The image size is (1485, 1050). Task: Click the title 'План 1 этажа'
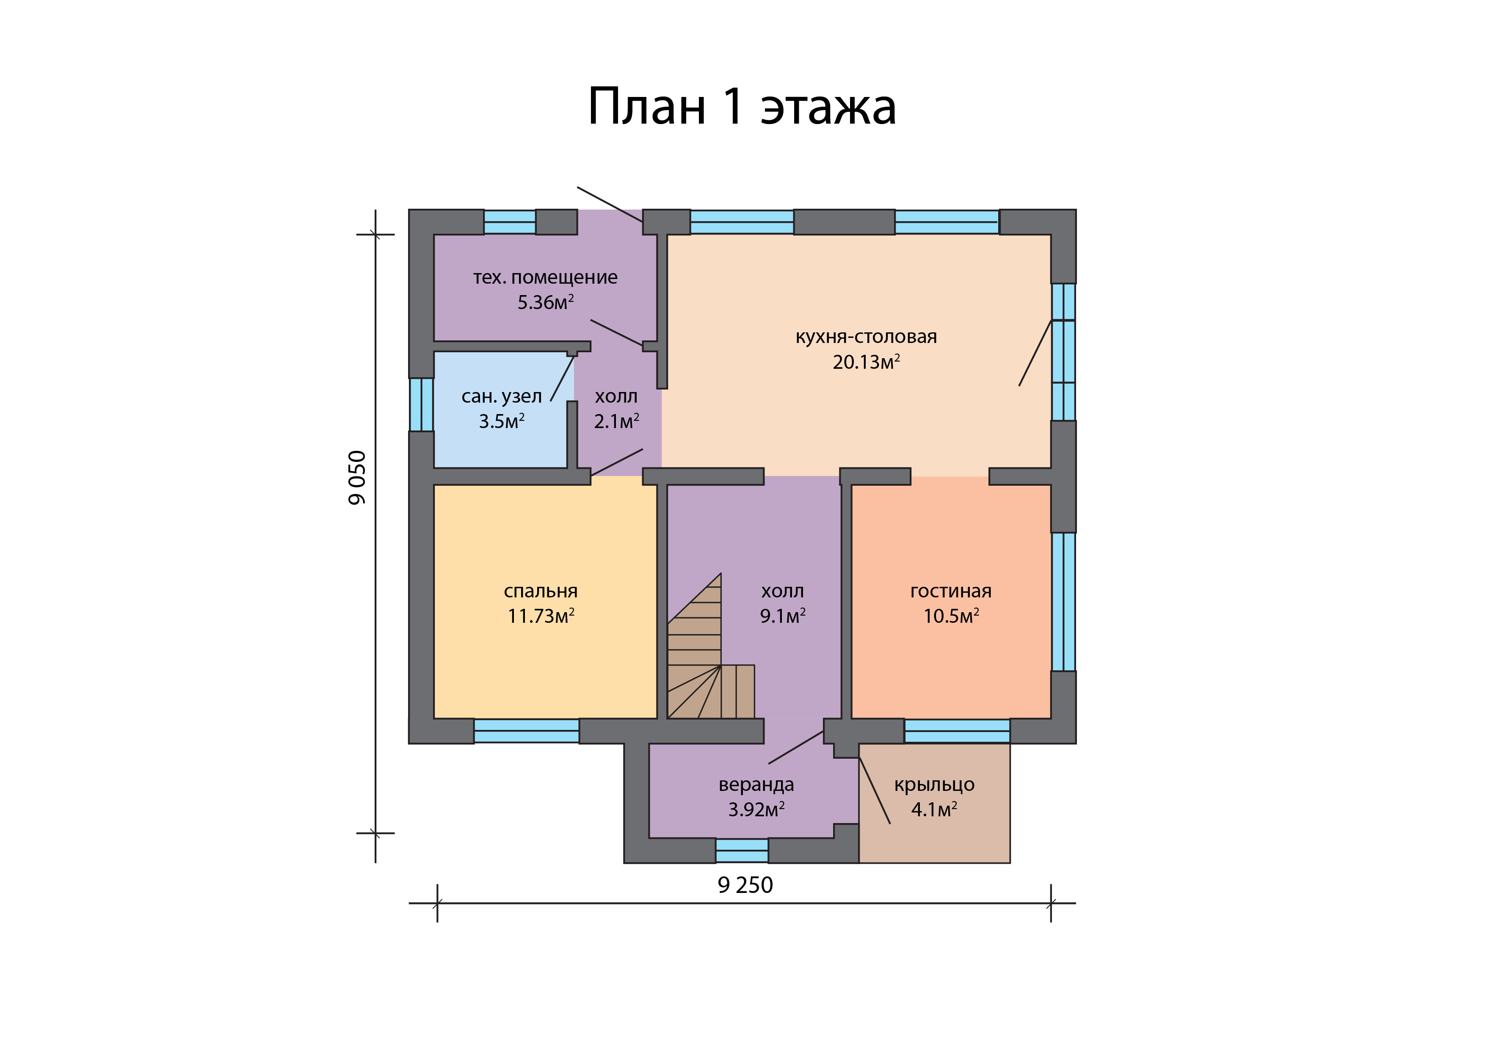pos(742,107)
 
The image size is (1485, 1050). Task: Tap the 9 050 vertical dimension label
pos(357,478)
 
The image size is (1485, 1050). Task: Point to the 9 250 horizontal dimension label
pos(745,885)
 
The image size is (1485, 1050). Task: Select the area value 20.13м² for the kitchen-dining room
pos(866,362)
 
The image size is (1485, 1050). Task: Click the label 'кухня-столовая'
pos(866,337)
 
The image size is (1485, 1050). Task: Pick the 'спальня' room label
pos(541,591)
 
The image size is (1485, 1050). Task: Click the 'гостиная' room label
pos(951,591)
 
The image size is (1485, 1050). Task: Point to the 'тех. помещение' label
pos(545,278)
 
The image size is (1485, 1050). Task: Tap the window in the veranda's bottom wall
pos(742,851)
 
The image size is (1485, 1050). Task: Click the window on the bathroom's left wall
pos(421,404)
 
